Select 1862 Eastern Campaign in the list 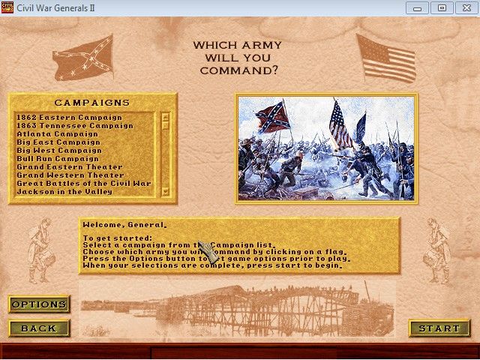(69, 118)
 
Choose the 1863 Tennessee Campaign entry (74, 126)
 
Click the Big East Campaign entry (58, 142)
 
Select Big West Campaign (58, 151)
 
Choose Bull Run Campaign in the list (58, 159)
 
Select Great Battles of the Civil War (83, 184)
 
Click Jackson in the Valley (64, 192)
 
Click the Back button (39, 328)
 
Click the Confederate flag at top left (82, 56)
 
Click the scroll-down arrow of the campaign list (166, 191)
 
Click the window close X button (465, 7)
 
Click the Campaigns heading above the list (92, 103)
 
